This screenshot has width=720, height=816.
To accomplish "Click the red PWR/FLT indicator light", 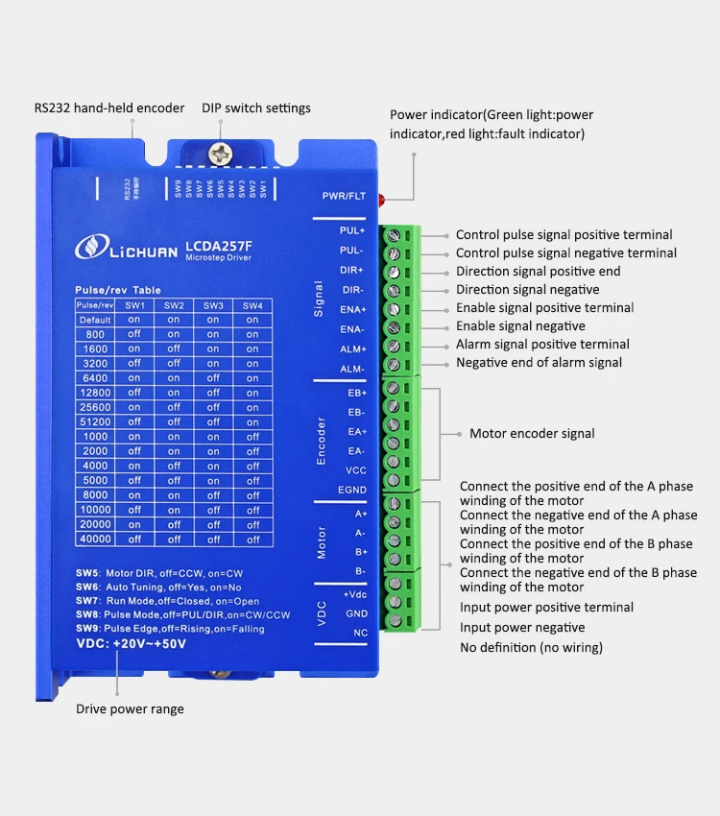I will point(382,201).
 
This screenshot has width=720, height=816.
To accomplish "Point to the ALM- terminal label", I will point(352,368).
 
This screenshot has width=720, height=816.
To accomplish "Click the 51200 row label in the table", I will point(95,421).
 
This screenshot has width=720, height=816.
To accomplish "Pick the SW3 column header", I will point(213,304).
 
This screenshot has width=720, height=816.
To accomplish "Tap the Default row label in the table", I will point(95,320).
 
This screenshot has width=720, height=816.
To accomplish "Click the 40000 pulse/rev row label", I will point(95,540).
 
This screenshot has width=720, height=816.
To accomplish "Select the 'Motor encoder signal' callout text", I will point(532,433).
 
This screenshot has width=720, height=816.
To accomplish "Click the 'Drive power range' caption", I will point(131,709).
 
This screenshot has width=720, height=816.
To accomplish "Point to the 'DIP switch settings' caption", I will point(255,108).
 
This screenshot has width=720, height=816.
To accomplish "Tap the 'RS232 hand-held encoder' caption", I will point(109,108).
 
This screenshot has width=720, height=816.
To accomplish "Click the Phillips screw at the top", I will point(223,151).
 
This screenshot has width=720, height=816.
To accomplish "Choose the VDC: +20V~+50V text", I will point(131,645).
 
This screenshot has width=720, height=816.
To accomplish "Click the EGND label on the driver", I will point(352,490).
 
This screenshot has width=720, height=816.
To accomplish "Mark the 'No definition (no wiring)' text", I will point(531,647).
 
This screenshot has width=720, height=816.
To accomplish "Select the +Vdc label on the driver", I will point(355,594).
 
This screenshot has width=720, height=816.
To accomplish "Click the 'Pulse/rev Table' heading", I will point(118,290).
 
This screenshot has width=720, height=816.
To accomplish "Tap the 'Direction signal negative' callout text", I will point(527,289).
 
